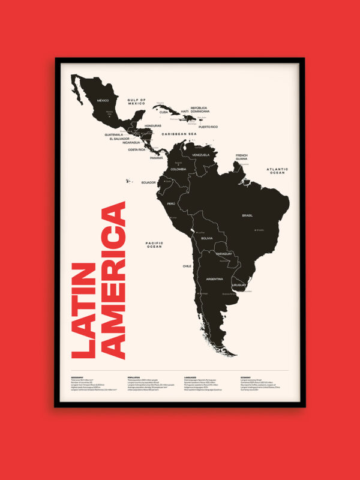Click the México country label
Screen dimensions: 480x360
click(103, 100)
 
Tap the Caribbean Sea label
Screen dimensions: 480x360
click(179, 134)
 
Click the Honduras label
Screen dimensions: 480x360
click(153, 126)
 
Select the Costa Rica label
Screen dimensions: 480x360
click(137, 149)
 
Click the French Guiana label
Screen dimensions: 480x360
click(242, 157)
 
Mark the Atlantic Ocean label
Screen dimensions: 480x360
click(277, 171)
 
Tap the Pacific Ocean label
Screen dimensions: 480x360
click(154, 244)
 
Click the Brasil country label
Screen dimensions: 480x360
click(247, 215)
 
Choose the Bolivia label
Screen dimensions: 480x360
click(207, 238)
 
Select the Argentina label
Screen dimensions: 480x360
click(214, 279)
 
